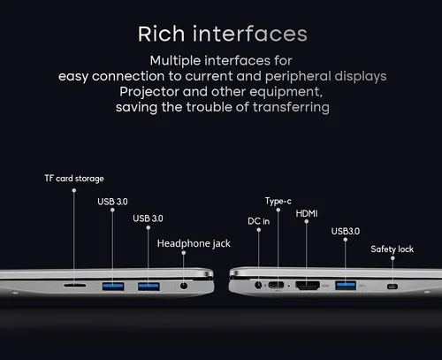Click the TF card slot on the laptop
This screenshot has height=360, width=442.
coord(75,286)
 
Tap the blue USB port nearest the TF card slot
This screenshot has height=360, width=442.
coord(113,287)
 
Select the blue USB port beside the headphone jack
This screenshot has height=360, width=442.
coord(149,287)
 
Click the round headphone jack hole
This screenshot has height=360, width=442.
coord(184,286)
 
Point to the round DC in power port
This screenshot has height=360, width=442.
coord(258,285)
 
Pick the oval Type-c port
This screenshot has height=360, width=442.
coord(276,285)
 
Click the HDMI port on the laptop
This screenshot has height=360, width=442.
coord(308,286)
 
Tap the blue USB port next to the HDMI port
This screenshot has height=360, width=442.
coord(346,285)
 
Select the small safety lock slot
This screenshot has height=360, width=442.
coord(392,287)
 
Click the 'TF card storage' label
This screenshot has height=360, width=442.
coord(74,179)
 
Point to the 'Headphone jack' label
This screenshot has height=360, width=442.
coord(194,243)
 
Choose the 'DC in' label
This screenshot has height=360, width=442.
coord(259,221)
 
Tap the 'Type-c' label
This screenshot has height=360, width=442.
coord(278,201)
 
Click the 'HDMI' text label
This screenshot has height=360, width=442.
coord(307,213)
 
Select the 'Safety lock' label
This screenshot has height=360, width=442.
coord(392,249)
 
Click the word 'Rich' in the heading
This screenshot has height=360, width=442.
coord(162,34)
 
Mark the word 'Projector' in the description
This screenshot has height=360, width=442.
coord(149,92)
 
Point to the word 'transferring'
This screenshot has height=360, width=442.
coord(291,107)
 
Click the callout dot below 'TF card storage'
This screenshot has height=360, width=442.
coord(74,190)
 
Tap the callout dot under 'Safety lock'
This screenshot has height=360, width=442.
coord(392,258)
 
